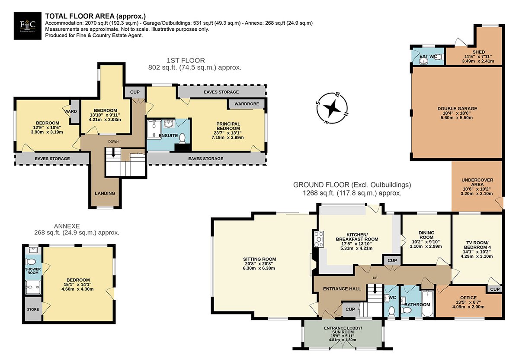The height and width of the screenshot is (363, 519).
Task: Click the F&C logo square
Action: coord(28,26)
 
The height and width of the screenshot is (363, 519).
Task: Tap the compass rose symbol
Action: coord(332,108)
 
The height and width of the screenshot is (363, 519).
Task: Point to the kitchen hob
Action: coord(319,239)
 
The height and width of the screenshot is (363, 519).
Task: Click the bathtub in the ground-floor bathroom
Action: coord(427,303)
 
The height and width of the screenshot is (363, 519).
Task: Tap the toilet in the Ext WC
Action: coord(439,57)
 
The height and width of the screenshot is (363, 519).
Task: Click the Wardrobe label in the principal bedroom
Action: coord(247,104)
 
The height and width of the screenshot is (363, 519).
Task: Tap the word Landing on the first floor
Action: coord(105,193)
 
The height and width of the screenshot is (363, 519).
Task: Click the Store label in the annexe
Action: coord(33,309)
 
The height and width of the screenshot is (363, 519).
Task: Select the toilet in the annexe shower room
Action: coord(31,262)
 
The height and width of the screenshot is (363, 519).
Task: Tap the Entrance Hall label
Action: coord(342,289)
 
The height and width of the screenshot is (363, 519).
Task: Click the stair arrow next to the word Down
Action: coord(113,153)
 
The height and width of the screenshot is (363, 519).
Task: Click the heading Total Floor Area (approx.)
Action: coord(96,16)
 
